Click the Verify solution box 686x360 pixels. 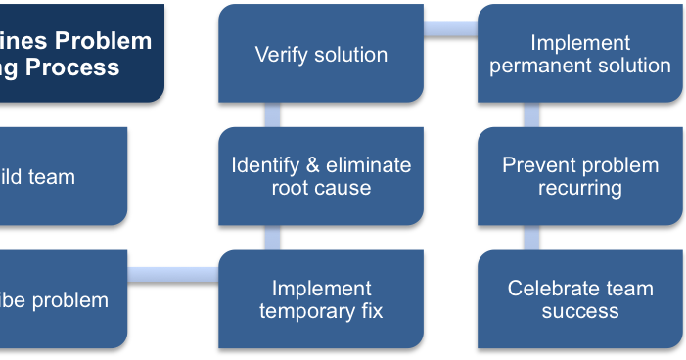[321, 54]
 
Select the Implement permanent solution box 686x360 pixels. [580, 54]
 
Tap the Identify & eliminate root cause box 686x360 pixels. [321, 176]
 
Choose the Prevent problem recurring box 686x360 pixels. [580, 176]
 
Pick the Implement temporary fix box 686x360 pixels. [321, 299]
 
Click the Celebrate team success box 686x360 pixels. [580, 299]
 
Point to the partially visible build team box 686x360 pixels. [59, 176]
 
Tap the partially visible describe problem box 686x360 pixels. [59, 299]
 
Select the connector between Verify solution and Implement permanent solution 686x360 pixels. [450, 28]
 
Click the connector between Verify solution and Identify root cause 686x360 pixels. [272, 114]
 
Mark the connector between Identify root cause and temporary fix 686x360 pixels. [272, 238]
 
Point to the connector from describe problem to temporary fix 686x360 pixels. [173, 274]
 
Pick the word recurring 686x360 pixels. [580, 188]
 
